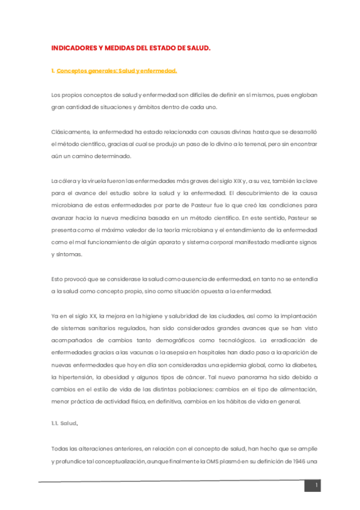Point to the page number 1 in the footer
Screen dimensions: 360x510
coord(316,485)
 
